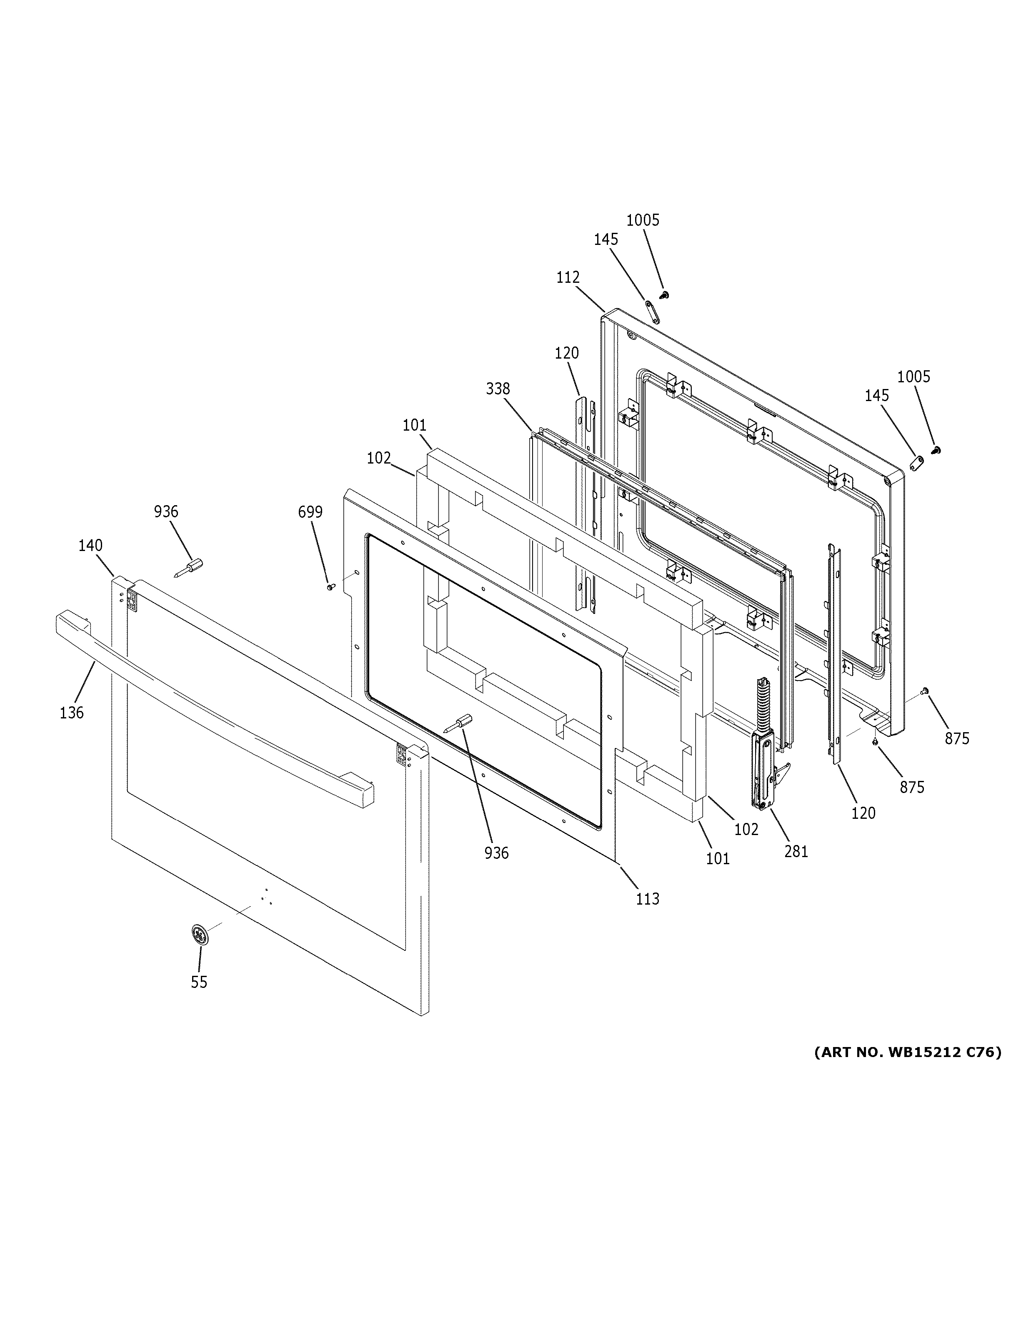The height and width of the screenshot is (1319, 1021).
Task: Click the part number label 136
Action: click(x=71, y=713)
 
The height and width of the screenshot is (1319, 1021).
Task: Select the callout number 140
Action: click(x=90, y=545)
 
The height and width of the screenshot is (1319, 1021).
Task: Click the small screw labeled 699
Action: click(x=330, y=586)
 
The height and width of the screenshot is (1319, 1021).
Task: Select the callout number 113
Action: click(x=647, y=915)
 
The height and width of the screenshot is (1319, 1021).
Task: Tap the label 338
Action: click(x=498, y=389)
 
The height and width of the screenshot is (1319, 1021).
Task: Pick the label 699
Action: click(x=310, y=512)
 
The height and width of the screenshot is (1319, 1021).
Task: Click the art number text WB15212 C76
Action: click(x=907, y=1052)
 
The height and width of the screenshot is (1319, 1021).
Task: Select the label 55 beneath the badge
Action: click(x=199, y=982)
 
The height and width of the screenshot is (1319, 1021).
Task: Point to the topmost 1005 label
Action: click(x=642, y=220)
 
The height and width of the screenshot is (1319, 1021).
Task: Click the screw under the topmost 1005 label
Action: click(x=665, y=294)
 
